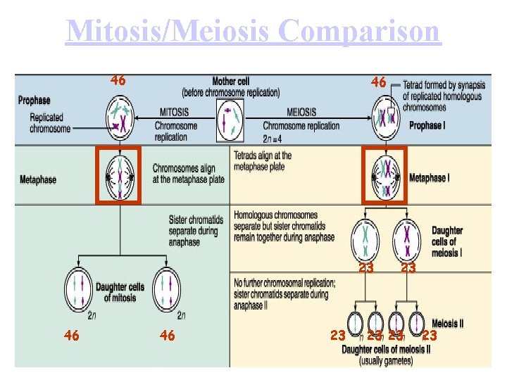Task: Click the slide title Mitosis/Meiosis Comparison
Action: coord(254,32)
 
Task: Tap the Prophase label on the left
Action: coord(34,101)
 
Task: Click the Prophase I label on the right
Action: coord(427,126)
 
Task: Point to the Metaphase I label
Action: coord(428,178)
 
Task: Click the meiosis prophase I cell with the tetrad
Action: coord(384,118)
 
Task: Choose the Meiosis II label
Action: coord(447,324)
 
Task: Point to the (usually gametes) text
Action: coord(386,361)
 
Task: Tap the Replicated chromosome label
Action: coord(50,123)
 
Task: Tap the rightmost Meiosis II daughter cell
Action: coord(416,322)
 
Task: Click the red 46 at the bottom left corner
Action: coord(71,336)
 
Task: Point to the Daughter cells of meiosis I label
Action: coord(447,241)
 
